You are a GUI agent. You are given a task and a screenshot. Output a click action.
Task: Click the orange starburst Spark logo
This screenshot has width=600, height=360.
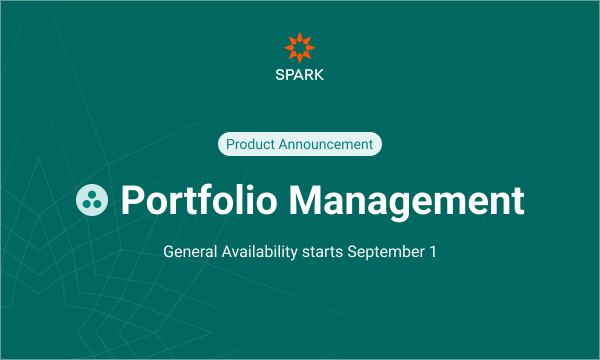pyautogui.click(x=299, y=47)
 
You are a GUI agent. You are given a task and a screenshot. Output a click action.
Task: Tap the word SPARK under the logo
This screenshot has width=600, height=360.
pyautogui.click(x=299, y=74)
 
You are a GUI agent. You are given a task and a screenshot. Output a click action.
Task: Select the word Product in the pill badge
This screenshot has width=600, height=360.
pyautogui.click(x=250, y=144)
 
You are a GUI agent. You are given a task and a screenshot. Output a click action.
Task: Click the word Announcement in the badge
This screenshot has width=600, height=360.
pyautogui.click(x=325, y=144)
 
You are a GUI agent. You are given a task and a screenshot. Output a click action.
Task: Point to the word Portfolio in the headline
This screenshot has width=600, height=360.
pyautogui.click(x=199, y=200)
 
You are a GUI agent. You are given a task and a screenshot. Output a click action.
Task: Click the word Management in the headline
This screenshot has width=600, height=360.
pyautogui.click(x=406, y=202)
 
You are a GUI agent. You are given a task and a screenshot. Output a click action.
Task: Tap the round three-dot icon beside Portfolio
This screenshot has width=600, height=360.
pyautogui.click(x=92, y=200)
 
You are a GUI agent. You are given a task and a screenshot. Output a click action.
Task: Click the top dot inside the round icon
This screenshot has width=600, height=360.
pyautogui.click(x=92, y=194)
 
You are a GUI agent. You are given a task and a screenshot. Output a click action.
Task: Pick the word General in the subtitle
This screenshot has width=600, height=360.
pyautogui.click(x=190, y=251)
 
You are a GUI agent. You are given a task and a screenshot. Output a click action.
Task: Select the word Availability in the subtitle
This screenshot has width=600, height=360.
pyautogui.click(x=259, y=252)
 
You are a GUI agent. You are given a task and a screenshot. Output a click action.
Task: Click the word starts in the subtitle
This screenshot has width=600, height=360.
pyautogui.click(x=322, y=252)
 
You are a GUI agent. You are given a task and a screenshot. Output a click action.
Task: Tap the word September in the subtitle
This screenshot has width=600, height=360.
pyautogui.click(x=386, y=252)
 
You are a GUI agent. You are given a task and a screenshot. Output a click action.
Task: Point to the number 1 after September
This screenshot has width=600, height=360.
pyautogui.click(x=433, y=251)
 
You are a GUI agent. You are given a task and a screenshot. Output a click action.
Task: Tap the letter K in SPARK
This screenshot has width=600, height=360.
pyautogui.click(x=319, y=74)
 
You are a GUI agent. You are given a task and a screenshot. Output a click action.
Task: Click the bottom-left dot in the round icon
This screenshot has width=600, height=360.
pyautogui.click(x=86, y=204)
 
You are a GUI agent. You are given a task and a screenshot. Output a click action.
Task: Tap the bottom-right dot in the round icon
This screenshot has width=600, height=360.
pyautogui.click(x=97, y=204)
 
